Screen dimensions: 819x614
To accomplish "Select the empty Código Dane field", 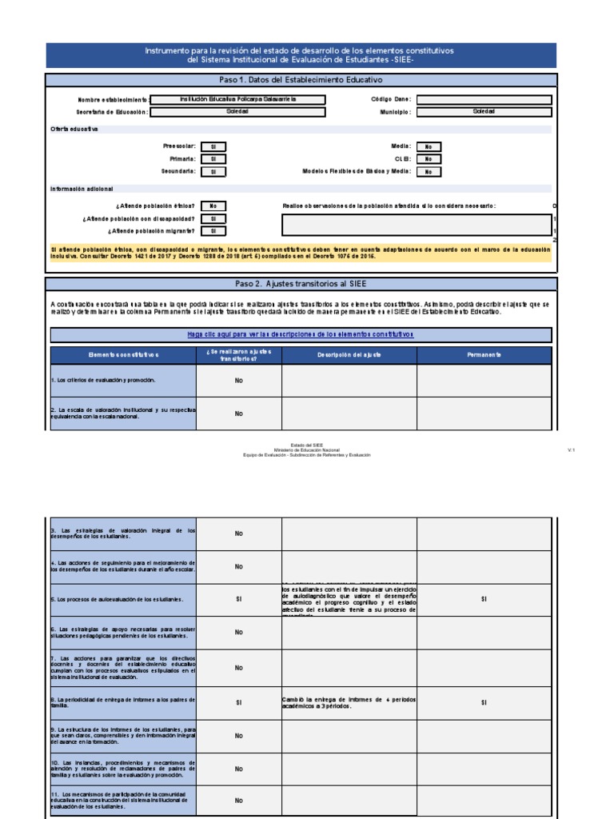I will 483,100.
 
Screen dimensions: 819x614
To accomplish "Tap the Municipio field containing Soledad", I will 483,112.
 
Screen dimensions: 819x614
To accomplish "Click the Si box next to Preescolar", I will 213,147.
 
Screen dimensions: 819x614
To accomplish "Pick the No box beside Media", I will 428,147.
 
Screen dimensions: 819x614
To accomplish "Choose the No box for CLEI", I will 428,159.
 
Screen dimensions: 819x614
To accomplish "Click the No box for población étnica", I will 213,206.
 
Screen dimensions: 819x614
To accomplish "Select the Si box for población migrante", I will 213,231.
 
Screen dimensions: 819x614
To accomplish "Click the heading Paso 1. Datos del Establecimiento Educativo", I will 301,81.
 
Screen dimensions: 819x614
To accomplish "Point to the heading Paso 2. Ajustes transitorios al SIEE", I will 301,284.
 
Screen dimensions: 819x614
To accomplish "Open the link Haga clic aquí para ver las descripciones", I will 301,334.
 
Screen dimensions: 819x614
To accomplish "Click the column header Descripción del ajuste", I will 349,355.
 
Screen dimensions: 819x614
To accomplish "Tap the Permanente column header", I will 484,355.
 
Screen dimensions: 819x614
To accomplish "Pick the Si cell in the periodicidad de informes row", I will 238,702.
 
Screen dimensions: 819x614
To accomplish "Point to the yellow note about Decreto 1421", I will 301,254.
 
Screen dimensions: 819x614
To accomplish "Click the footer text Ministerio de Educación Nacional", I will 307,450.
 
